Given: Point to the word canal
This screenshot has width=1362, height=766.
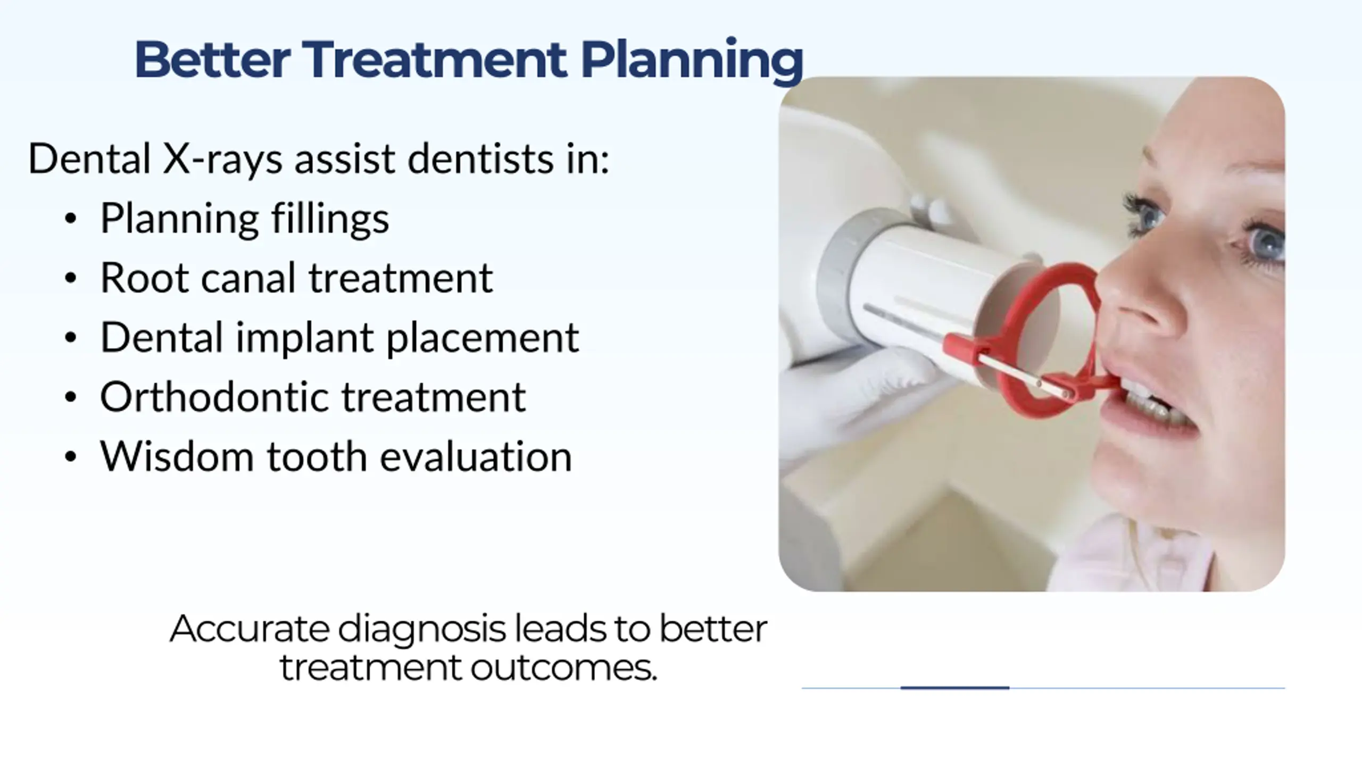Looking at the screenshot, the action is click(x=248, y=278).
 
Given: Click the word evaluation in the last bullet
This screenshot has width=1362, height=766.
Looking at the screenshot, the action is click(x=476, y=457).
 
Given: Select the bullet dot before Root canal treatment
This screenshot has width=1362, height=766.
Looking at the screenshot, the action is click(x=70, y=279).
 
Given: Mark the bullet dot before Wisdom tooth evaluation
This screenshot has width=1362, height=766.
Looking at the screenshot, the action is click(x=70, y=457).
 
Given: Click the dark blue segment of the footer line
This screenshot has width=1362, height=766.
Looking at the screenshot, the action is click(x=954, y=688).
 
